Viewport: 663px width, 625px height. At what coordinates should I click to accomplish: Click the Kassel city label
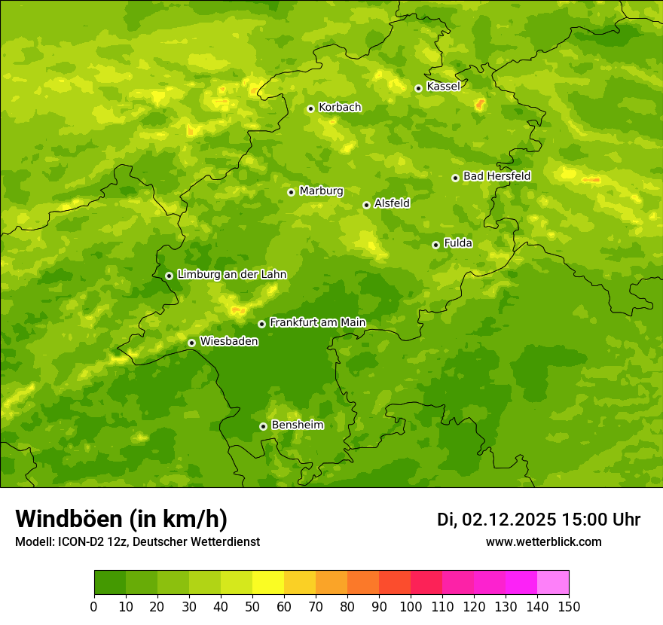coord(443,87)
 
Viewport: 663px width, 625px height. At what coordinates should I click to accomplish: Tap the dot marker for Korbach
coord(310,108)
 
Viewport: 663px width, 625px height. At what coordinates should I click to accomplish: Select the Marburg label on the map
coord(321,191)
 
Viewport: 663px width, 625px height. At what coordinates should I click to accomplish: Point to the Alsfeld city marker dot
coord(366,205)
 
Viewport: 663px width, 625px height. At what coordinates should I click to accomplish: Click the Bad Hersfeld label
coord(496,176)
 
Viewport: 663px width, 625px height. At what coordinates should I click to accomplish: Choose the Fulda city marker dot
coord(435,245)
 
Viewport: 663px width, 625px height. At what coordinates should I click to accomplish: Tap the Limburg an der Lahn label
coord(231,275)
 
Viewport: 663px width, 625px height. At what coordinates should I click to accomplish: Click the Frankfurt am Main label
coord(317,323)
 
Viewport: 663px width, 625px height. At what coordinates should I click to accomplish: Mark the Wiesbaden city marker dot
coord(192,343)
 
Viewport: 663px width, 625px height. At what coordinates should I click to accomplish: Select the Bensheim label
coord(297,425)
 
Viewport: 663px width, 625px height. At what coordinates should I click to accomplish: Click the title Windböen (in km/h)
coord(121,520)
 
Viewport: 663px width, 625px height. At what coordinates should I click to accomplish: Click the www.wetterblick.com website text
coord(543,541)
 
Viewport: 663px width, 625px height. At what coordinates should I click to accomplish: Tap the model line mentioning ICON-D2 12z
coord(137,541)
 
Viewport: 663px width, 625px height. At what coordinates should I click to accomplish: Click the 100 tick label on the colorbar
coord(411,606)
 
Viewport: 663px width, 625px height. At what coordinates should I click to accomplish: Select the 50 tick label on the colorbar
coord(252,606)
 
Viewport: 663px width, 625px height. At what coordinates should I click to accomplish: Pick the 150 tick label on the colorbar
coord(569,606)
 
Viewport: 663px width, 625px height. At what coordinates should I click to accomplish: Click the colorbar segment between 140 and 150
coord(553,583)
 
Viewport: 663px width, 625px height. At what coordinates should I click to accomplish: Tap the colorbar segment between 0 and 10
coord(110,583)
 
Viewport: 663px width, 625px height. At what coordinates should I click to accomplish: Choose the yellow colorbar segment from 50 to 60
coord(268,583)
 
